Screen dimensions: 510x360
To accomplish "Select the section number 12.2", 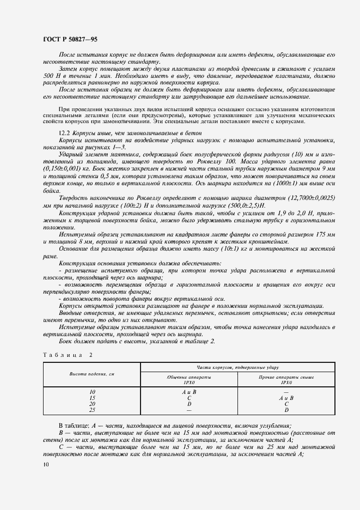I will pyautogui.click(x=64, y=134).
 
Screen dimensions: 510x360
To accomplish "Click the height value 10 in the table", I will pyautogui.click(x=91, y=392).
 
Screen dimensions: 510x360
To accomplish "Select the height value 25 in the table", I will pyautogui.click(x=91, y=410).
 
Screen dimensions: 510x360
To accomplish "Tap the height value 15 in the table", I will pyautogui.click(x=91, y=398).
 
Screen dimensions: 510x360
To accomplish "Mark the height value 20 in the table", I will pyautogui.click(x=91, y=404).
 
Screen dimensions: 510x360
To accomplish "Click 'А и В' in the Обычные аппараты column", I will pyautogui.click(x=189, y=392).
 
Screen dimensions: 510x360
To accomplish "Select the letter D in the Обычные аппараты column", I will pyautogui.click(x=189, y=404).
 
